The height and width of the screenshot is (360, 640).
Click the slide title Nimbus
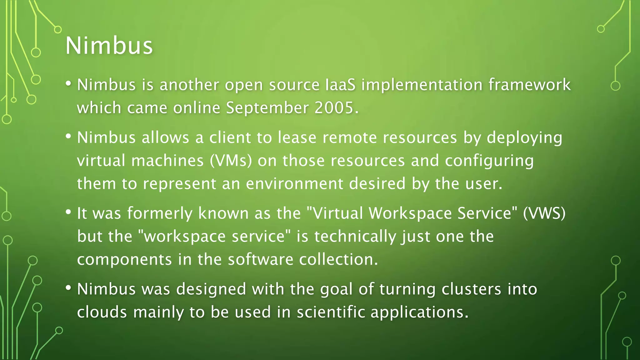[x=109, y=46]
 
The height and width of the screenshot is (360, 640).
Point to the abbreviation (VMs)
[x=231, y=161]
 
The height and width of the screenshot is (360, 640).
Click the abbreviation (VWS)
[x=544, y=213]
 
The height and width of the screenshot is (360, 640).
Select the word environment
[x=295, y=183]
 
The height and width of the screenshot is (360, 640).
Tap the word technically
[x=355, y=237]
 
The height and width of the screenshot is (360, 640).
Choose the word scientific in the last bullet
[x=331, y=312]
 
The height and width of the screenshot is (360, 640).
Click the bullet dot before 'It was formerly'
[x=68, y=212]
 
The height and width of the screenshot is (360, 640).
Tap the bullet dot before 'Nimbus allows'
[x=68, y=136]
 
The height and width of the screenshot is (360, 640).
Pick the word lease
[x=297, y=138]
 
